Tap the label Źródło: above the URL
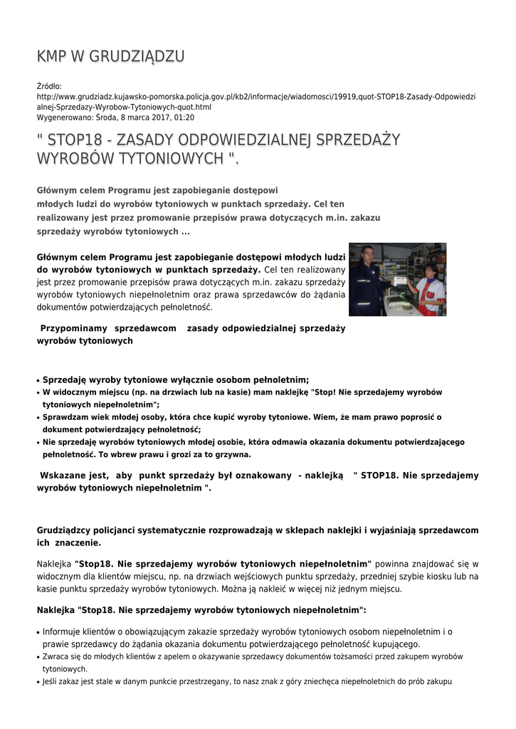pyautogui.click(x=49, y=86)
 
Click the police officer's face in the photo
pyautogui.click(x=367, y=254)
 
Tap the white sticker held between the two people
pyautogui.click(x=403, y=280)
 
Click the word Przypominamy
pyautogui.click(x=74, y=328)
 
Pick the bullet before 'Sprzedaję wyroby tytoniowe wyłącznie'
pyautogui.click(x=38, y=381)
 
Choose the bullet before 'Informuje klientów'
pyautogui.click(x=38, y=632)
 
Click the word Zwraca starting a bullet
pyautogui.click(x=56, y=656)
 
